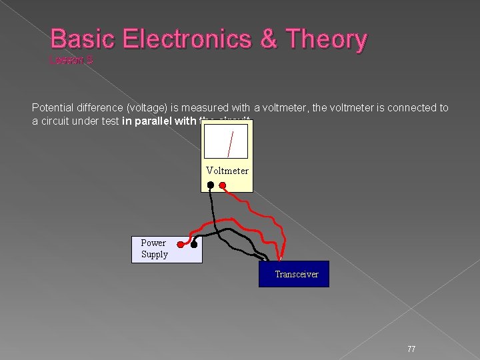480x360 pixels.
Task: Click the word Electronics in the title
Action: (x=177, y=39)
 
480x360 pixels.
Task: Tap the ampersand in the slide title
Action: (x=269, y=39)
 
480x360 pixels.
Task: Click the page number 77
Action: (x=411, y=349)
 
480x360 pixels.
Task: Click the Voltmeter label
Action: (x=227, y=171)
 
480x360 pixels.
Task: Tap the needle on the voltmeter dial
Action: (x=229, y=143)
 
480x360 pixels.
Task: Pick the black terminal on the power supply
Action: (x=194, y=245)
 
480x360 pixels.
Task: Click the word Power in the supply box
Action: (x=153, y=243)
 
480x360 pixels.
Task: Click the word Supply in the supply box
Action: (x=155, y=254)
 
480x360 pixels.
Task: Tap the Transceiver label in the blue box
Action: (x=297, y=274)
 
